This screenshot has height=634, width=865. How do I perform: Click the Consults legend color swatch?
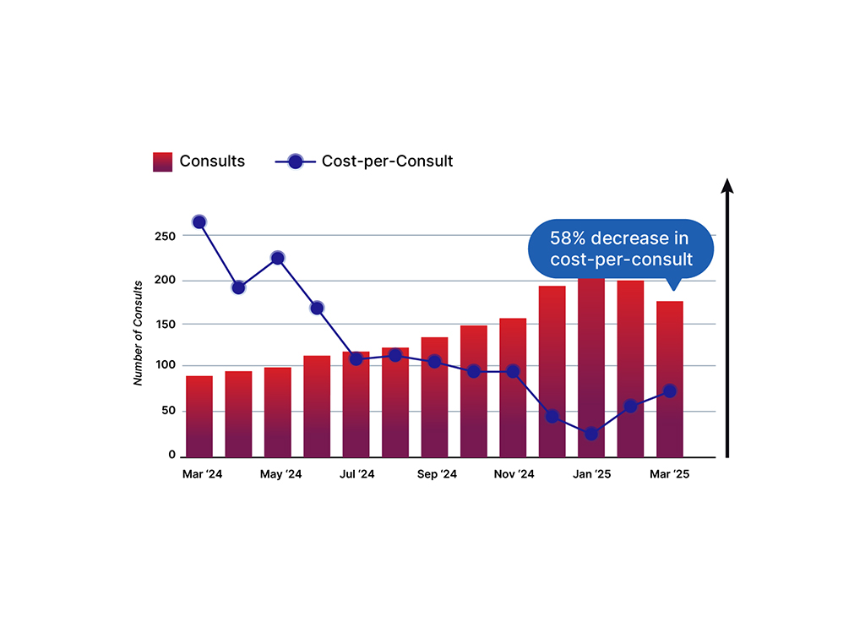click(163, 161)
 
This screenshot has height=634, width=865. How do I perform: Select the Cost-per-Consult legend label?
click(387, 161)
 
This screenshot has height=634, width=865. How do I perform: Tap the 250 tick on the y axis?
click(165, 236)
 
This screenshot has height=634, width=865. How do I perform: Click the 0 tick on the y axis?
click(171, 456)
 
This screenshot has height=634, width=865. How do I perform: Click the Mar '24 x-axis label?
click(202, 475)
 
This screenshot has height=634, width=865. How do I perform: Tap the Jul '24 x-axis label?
click(356, 475)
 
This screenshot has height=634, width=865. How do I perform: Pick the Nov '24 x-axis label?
click(514, 475)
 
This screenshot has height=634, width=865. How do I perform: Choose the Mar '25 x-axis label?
click(669, 475)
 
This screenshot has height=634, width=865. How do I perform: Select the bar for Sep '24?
click(434, 397)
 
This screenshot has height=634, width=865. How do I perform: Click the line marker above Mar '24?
click(199, 222)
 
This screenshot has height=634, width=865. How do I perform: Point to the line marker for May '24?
click(277, 258)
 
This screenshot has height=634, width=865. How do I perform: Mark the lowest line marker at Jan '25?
click(590, 434)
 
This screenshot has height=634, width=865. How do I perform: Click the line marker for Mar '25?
click(669, 391)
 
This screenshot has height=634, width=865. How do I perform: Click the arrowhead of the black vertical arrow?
click(726, 186)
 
